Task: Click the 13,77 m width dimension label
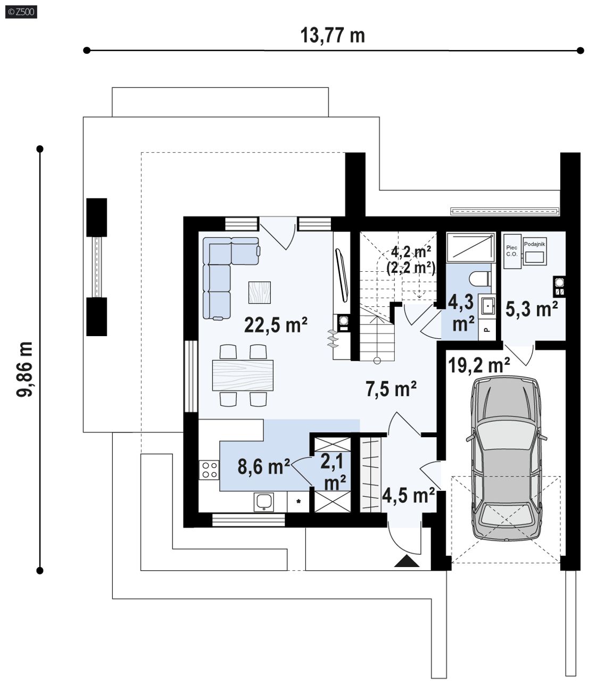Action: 333,35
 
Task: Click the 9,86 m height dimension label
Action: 24,369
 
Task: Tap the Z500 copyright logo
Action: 21,12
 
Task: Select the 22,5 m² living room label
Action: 276,324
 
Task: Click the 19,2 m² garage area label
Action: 479,365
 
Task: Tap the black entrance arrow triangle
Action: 407,561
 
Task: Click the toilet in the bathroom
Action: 481,278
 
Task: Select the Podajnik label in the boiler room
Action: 534,244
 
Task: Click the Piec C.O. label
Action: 511,251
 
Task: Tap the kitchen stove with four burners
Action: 209,470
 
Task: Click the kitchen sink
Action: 264,502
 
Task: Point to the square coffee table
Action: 259,293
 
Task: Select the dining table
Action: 243,375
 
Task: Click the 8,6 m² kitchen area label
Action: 264,466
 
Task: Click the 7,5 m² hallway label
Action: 391,389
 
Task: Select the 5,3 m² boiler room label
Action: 532,309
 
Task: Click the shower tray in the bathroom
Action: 470,247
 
